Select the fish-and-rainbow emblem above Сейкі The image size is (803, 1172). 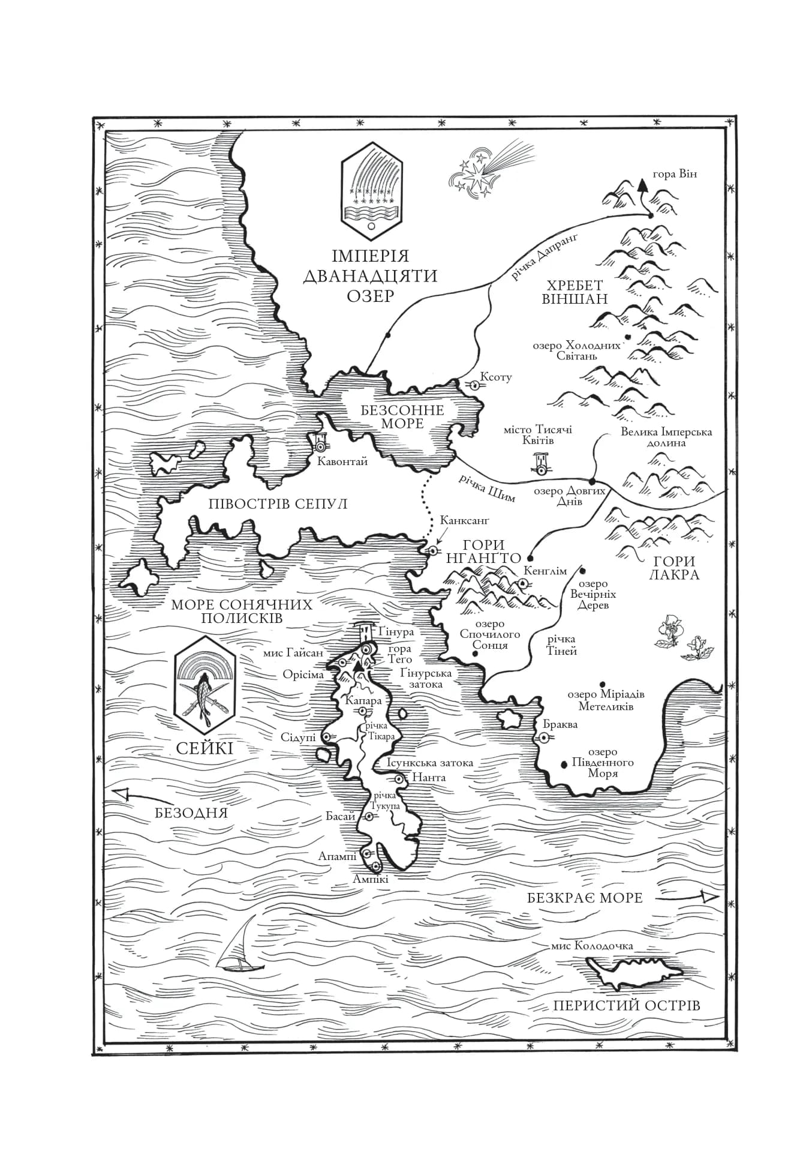(x=205, y=684)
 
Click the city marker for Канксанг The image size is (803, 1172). (x=432, y=550)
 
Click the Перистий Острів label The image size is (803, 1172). (x=626, y=1005)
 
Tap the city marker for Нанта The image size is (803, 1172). (x=399, y=778)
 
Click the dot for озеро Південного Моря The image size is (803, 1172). (x=564, y=765)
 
